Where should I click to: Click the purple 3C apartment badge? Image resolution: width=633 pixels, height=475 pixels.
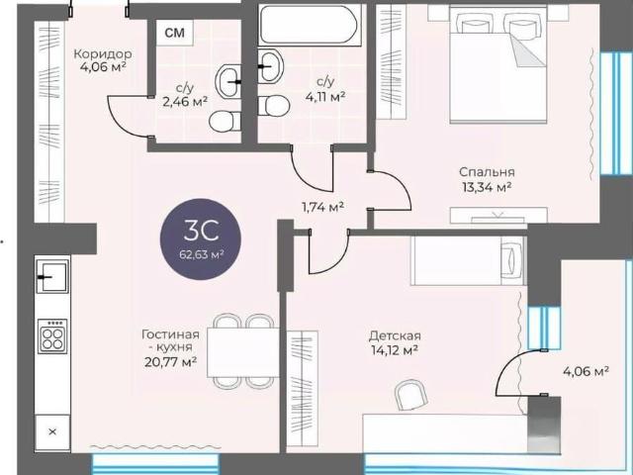point(201,239)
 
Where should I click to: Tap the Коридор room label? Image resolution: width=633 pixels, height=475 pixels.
point(103,53)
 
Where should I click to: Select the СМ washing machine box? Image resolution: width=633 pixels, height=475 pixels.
point(175,33)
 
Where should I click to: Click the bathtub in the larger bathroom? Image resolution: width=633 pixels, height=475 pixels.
point(310,24)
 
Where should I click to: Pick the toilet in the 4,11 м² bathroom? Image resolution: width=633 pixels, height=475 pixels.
point(273,106)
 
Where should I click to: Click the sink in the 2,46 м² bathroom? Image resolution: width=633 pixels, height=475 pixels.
point(228,81)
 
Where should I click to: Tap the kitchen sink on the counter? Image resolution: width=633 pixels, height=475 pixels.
point(52,276)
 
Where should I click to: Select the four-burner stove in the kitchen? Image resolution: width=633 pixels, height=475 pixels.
point(52,336)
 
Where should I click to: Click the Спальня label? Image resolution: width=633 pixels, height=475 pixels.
point(487,172)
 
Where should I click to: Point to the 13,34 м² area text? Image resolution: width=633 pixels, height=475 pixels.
point(487,187)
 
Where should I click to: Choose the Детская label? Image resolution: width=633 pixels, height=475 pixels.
point(395,335)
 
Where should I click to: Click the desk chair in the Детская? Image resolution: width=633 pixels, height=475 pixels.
point(410,395)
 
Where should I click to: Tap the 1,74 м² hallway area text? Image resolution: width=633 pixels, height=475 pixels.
point(323,207)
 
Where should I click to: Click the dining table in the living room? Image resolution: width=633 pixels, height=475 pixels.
point(242,352)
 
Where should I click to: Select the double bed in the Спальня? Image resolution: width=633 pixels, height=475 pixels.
point(498,65)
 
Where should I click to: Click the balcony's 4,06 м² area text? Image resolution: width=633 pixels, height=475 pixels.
point(587,371)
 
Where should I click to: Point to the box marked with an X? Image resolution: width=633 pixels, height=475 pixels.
point(52,431)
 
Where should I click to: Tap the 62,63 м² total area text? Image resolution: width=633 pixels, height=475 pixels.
point(201,255)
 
